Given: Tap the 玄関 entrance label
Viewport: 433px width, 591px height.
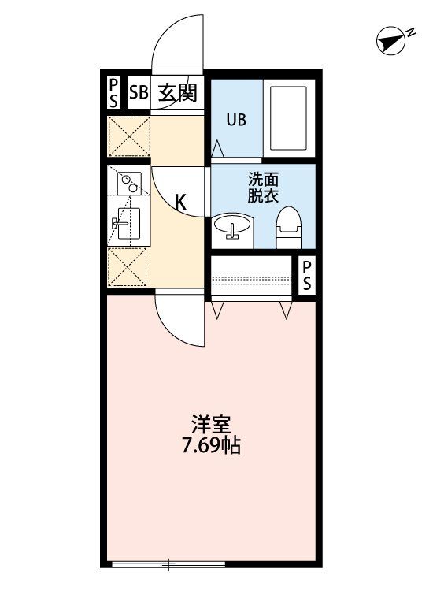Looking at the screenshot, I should (178, 92).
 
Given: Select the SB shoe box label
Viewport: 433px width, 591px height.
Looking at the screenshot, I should (139, 92).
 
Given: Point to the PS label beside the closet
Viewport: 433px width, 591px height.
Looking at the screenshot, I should (307, 276).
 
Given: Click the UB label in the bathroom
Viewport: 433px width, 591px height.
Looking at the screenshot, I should (236, 121).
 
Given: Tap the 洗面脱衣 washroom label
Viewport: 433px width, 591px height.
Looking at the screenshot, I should (263, 188).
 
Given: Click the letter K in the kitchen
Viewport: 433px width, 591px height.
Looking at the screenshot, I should (180, 203).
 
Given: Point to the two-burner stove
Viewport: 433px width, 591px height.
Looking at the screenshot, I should (128, 184).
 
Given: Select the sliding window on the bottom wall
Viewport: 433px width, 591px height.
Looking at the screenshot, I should (168, 563).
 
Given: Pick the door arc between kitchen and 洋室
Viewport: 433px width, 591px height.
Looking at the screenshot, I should (179, 319).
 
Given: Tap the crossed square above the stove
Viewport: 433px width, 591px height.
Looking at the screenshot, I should (128, 136).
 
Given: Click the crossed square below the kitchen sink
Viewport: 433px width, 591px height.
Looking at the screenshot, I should (128, 266).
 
